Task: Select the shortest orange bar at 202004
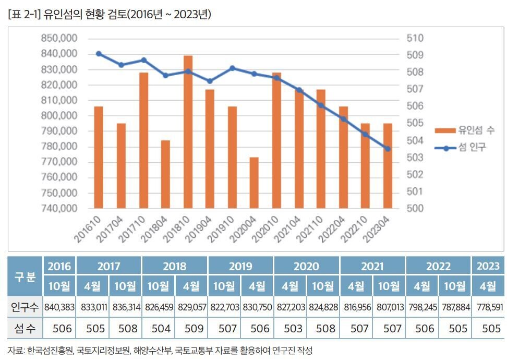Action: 254,183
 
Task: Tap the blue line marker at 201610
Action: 99,54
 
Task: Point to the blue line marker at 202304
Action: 388,149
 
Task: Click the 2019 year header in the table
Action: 240,266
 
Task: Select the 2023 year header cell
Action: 488,266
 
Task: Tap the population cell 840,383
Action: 59,307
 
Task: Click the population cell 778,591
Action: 488,307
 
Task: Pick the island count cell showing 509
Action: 191,328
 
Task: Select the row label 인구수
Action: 25,307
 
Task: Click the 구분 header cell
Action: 25,276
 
